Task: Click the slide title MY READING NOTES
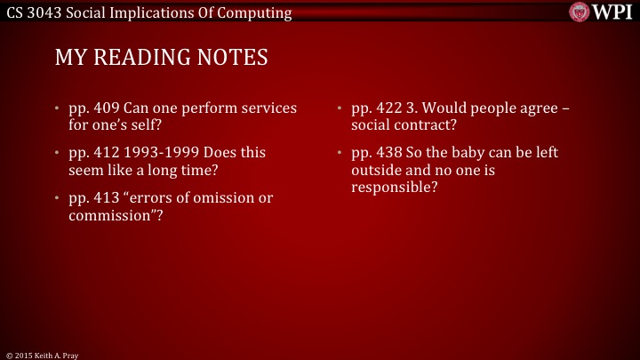[161, 58]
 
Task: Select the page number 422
[386, 108]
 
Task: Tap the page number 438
[386, 153]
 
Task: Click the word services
[268, 108]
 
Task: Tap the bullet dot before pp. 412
[58, 153]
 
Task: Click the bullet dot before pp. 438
[340, 153]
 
